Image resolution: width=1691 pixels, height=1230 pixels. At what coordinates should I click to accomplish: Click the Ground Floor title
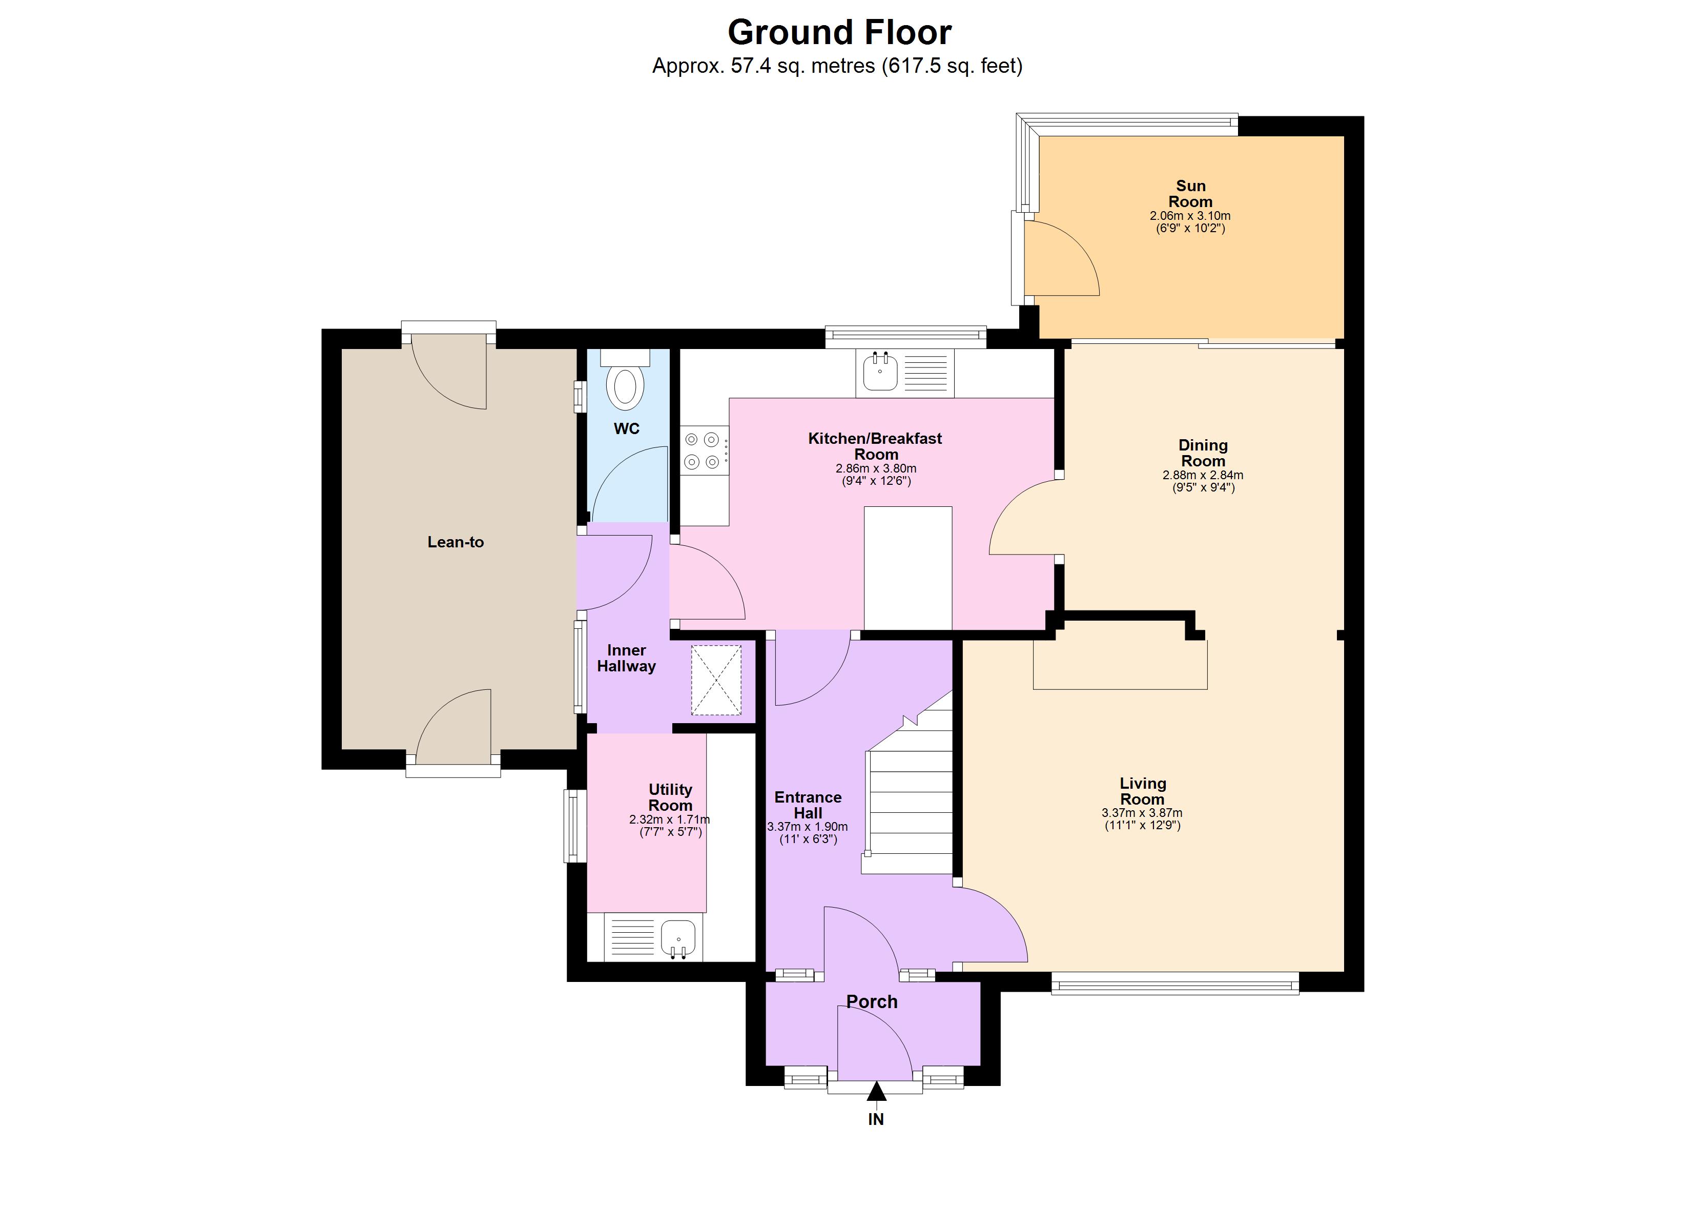(839, 33)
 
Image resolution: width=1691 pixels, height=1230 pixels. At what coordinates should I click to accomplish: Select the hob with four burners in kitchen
(703, 450)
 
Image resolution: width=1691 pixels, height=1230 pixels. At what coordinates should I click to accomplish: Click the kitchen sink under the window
(880, 372)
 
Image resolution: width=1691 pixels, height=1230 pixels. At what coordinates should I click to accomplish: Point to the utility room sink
(678, 937)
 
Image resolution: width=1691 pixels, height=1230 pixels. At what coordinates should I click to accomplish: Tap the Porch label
(872, 1002)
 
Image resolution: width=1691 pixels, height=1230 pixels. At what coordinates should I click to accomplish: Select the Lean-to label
(456, 542)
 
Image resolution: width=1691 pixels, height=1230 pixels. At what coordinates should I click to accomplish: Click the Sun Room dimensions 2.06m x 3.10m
(1190, 216)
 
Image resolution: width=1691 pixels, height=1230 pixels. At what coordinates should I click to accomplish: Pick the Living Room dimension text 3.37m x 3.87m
(1142, 813)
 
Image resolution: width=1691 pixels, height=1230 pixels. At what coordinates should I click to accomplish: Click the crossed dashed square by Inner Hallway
(716, 680)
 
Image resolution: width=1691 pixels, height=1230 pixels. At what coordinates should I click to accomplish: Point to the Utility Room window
(573, 826)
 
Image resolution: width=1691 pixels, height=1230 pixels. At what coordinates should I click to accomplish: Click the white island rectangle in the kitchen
(908, 568)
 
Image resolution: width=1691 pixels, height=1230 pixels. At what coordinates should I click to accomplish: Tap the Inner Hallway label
(626, 659)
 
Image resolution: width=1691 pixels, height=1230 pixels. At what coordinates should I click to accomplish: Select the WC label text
(626, 429)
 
